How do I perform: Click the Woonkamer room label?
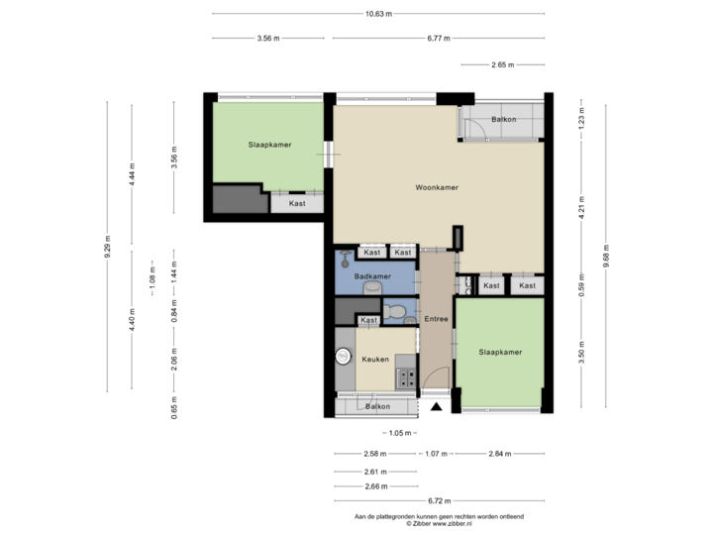[436, 186]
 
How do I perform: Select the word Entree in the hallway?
[436, 319]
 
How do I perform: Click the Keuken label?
[374, 359]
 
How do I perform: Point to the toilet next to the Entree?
[395, 313]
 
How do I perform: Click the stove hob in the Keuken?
[405, 376]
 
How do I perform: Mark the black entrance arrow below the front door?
[436, 405]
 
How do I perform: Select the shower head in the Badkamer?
[343, 259]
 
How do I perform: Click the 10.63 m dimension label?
[378, 14]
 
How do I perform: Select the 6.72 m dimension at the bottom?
[438, 500]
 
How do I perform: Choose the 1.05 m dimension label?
[398, 433]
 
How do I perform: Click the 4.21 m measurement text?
[582, 210]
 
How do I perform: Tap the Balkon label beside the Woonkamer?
[503, 121]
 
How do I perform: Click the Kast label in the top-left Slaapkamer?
[297, 203]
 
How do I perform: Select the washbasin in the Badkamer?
[372, 288]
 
